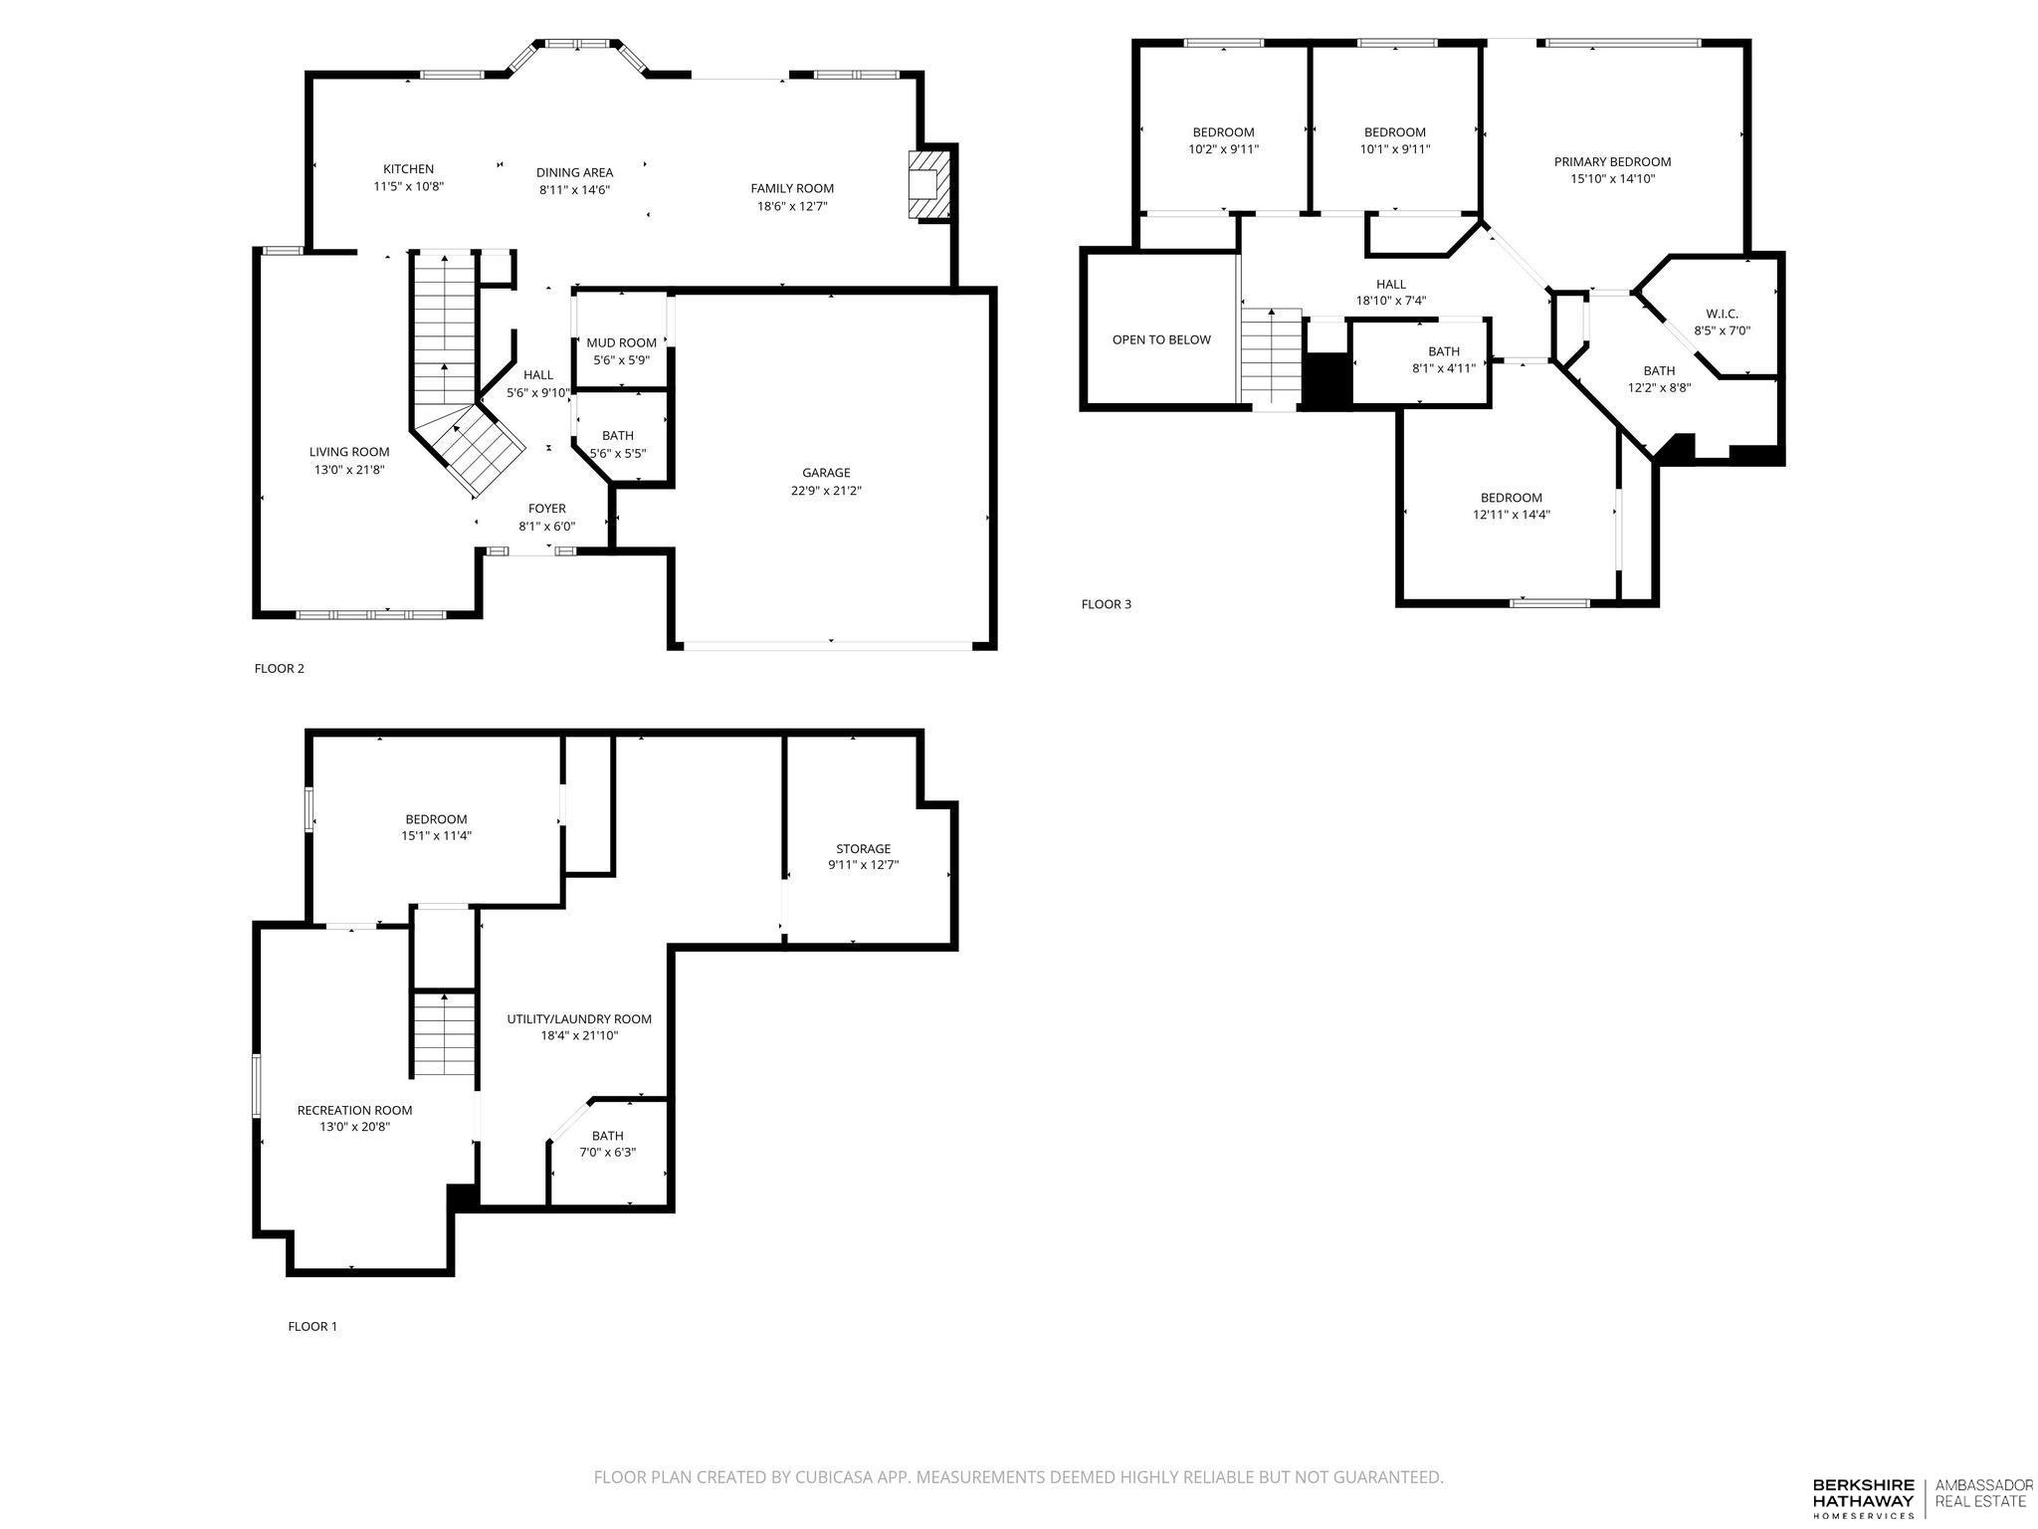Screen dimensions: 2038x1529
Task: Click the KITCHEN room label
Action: (x=408, y=169)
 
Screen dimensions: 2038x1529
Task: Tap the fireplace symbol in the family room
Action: (x=929, y=184)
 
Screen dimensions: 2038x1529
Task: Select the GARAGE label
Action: (x=826, y=473)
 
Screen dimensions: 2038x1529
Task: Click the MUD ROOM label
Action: (x=621, y=343)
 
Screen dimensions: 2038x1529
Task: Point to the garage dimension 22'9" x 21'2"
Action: (x=826, y=491)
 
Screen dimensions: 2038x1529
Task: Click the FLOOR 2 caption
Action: (x=280, y=669)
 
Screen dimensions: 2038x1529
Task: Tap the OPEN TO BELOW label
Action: (x=1161, y=340)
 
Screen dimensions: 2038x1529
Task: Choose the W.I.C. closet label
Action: (x=1723, y=314)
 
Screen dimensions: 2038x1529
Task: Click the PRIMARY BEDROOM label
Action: (x=1612, y=162)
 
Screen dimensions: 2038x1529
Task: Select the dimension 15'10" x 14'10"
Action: (x=1612, y=180)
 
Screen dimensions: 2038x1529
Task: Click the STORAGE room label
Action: (x=863, y=849)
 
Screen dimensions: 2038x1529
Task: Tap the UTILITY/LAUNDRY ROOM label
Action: (x=579, y=1019)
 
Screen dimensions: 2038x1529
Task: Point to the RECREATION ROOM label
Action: (x=354, y=1111)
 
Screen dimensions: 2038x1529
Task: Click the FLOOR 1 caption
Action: (x=312, y=1327)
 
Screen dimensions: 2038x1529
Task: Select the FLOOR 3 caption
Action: (x=1107, y=604)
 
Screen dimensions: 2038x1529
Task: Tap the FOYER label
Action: (x=546, y=509)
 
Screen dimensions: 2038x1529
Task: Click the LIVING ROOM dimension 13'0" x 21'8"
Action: (x=348, y=470)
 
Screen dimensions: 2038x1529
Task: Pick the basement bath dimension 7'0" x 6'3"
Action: (x=607, y=1153)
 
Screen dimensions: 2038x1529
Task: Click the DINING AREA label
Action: (x=574, y=172)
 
